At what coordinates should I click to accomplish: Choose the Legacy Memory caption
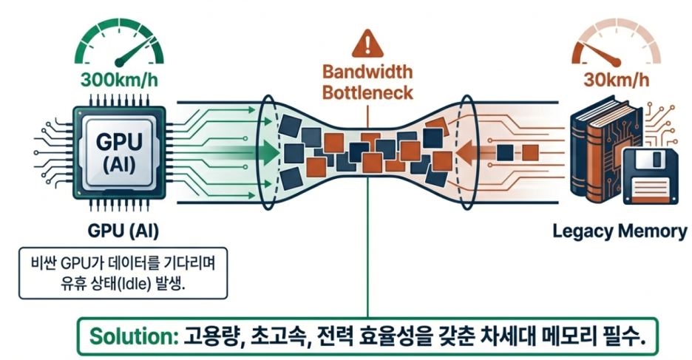click(620, 231)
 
